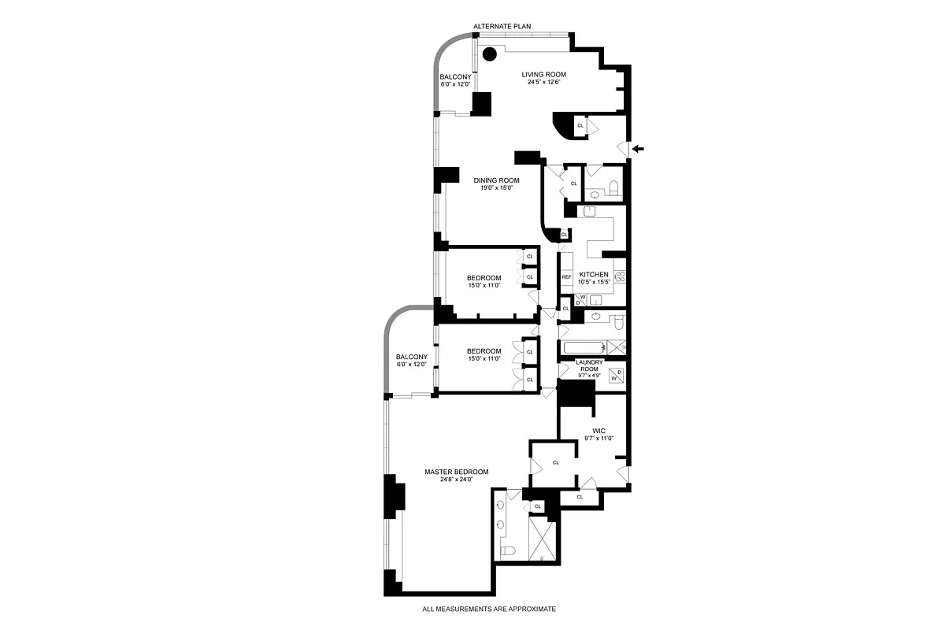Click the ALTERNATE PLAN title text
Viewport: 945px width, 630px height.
pos(502,27)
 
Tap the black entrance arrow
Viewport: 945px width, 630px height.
pos(639,148)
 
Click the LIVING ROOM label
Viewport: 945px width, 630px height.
pos(544,75)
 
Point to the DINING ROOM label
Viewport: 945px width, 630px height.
pos(496,180)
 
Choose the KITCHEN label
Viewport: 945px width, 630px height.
pos(595,274)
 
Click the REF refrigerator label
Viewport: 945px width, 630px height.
pos(566,277)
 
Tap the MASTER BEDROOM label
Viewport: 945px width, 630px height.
pos(457,472)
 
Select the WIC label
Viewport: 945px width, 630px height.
pos(598,431)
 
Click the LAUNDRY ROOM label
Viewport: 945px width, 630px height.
pos(591,366)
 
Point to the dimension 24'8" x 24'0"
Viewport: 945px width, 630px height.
pos(457,480)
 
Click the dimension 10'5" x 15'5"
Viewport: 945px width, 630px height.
pos(595,282)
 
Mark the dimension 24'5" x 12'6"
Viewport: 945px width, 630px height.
pos(544,83)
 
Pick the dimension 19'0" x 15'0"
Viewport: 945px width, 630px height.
pos(496,188)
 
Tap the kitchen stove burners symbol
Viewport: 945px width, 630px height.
pos(620,276)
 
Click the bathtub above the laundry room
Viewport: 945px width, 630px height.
pos(583,346)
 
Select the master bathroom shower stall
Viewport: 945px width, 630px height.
pos(542,538)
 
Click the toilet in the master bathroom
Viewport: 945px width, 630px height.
pos(508,550)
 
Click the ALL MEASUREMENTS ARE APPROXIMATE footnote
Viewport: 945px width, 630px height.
pos(489,609)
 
